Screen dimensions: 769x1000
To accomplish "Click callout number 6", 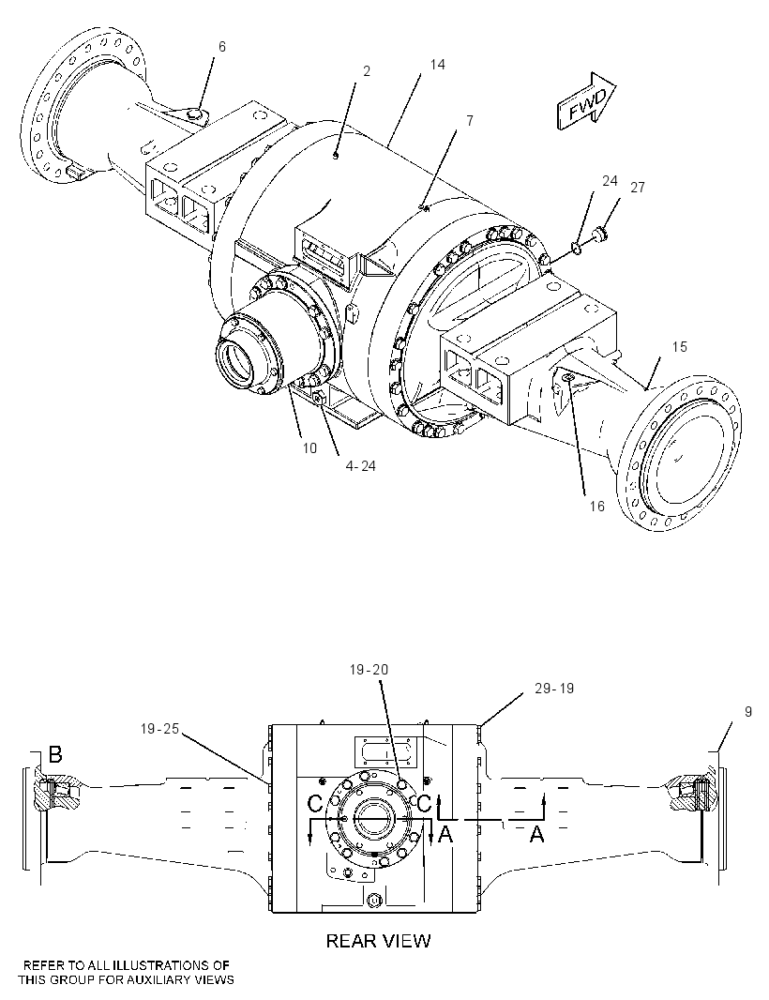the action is click(221, 47).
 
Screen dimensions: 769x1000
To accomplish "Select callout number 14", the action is click(437, 65).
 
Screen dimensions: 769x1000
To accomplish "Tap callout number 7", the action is click(470, 120).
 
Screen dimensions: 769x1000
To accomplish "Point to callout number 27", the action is click(637, 188).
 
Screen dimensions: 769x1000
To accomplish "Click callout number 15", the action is click(679, 346).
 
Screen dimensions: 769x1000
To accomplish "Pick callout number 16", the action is click(596, 506).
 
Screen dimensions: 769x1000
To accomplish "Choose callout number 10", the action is click(309, 448).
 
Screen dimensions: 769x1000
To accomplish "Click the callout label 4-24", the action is click(360, 466).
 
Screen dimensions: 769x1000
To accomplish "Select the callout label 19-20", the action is click(369, 670).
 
